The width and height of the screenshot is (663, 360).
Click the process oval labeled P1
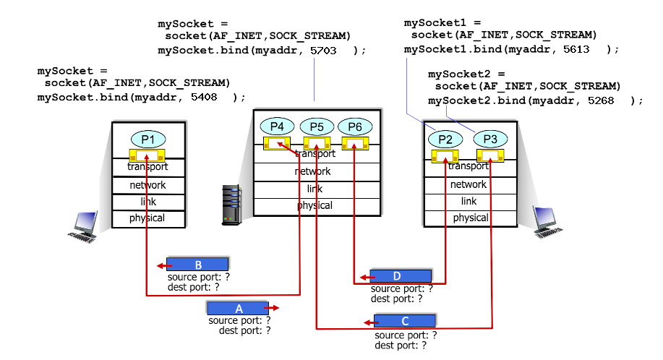(x=147, y=140)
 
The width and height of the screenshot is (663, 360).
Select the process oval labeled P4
(x=277, y=127)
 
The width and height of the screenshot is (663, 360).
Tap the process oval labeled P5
(x=316, y=127)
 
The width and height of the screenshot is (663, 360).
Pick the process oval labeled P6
(x=354, y=127)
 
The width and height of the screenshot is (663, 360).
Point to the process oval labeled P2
(x=445, y=140)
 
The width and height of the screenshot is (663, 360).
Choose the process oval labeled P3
(x=489, y=140)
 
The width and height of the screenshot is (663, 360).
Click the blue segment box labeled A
(x=238, y=308)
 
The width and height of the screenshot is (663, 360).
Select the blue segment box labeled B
(x=197, y=264)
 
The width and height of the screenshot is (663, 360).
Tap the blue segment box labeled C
(x=405, y=321)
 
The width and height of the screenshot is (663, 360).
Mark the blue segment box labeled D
(x=401, y=276)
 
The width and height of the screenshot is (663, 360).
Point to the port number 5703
(x=323, y=50)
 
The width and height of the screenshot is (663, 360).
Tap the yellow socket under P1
(x=147, y=155)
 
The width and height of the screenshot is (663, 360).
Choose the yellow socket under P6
(x=354, y=144)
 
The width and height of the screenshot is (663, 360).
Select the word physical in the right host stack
(x=471, y=218)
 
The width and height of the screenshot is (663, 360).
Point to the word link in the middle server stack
(x=315, y=189)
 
